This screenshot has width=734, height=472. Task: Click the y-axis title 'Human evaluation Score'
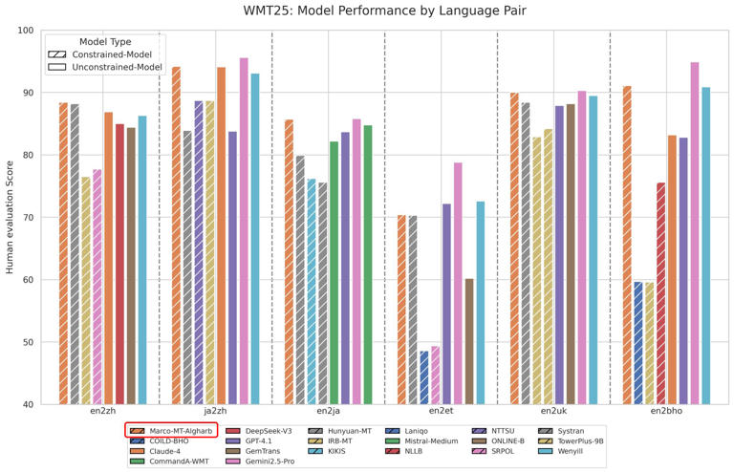[x=11, y=218]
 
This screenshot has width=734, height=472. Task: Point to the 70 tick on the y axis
[x=28, y=218]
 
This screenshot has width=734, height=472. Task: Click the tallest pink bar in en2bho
[x=695, y=233]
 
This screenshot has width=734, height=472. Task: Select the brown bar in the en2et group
[x=469, y=341]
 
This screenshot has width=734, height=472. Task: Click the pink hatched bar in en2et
[x=435, y=375]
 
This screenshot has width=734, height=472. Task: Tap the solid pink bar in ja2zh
[x=244, y=230]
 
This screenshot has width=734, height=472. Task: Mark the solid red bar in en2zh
[x=119, y=264]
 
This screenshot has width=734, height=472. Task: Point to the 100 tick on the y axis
[x=26, y=31]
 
